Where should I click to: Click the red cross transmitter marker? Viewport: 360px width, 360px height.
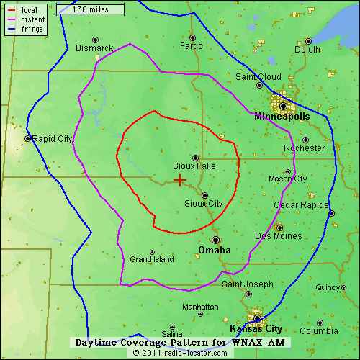179,180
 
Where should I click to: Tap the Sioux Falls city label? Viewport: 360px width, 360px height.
194,166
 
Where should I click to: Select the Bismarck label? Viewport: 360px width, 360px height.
94,48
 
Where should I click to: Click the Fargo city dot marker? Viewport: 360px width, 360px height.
192,37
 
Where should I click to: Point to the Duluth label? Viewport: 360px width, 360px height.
307,50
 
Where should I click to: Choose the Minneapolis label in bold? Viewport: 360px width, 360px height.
281,116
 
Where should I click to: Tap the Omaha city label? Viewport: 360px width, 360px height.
214,250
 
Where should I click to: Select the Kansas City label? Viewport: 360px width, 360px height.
255,328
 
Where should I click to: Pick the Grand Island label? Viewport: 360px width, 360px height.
151,259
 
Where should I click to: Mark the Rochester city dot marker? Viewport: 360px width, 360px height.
305,140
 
